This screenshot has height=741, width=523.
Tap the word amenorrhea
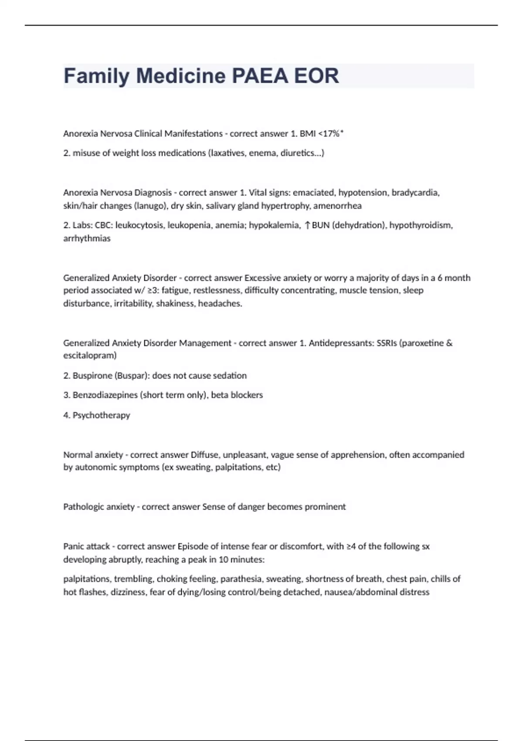tap(337, 206)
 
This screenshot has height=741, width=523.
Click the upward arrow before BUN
tap(308, 225)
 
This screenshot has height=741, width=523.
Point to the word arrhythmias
tap(87, 238)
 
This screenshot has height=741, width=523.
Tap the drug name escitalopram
tap(90, 355)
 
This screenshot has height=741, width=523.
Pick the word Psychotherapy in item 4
tap(101, 415)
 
